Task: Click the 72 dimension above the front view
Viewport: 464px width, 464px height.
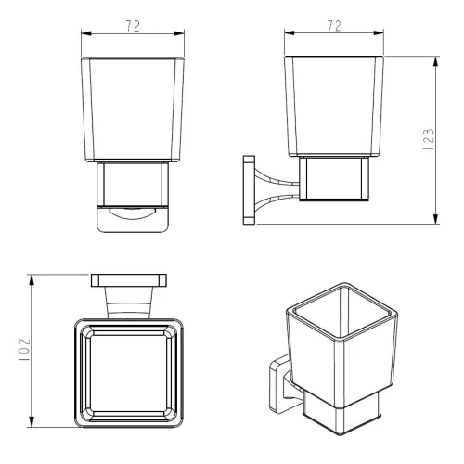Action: coord(133,26)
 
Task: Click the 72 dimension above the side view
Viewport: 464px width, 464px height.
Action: coord(334,26)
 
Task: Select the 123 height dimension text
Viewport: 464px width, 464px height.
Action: coord(429,139)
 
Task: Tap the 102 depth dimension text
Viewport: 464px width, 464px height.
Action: coord(24,350)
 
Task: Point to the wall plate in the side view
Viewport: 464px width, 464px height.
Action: coord(249,190)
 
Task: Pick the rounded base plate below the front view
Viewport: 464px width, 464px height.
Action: coord(133,219)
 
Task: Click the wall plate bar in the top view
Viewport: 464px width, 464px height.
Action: coord(129,280)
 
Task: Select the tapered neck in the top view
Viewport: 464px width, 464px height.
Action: coord(129,303)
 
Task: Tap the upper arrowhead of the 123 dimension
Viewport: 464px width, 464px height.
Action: coord(435,62)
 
